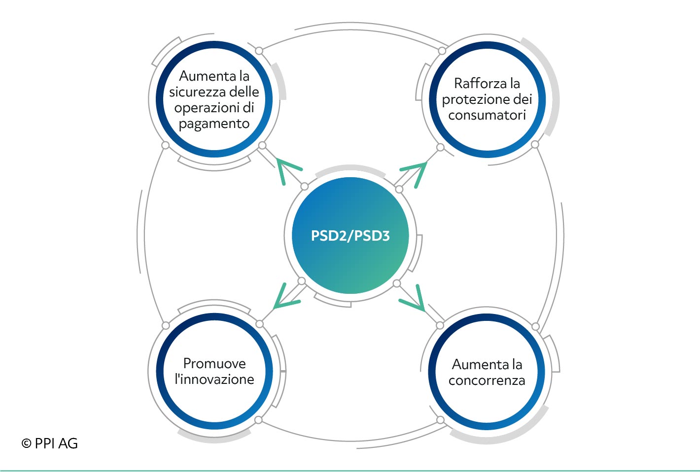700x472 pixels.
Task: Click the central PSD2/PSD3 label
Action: (350, 236)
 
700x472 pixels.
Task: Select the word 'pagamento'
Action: (214, 124)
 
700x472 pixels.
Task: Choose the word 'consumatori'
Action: (487, 116)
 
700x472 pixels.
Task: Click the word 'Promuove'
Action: (214, 363)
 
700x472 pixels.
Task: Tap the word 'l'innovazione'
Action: (214, 379)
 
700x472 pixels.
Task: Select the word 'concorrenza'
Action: (487, 380)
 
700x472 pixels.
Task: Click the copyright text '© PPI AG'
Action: (49, 443)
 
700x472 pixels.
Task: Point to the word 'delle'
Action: (244, 92)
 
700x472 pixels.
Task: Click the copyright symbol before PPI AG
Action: (26, 443)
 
